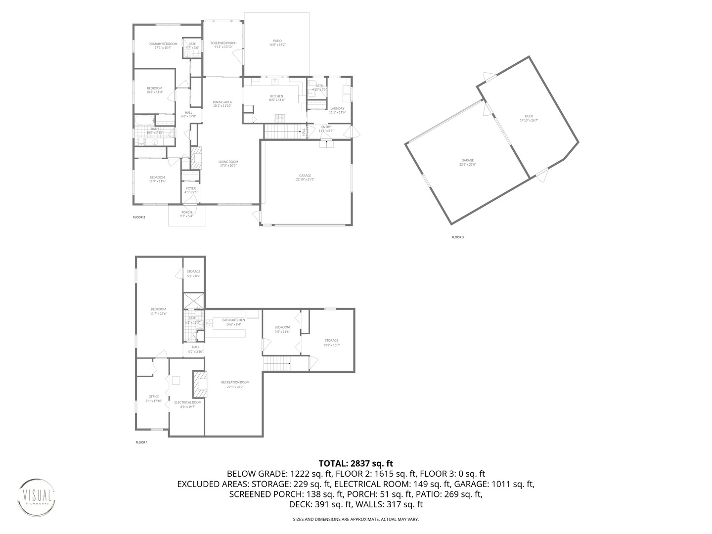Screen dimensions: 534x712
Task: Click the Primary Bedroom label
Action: click(163, 44)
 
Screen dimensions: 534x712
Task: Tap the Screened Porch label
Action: click(223, 43)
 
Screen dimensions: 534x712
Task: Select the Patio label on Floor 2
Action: click(277, 41)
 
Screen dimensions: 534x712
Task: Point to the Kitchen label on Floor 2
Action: click(276, 96)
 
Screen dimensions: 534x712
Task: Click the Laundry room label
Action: click(337, 108)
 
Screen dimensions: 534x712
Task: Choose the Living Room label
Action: click(228, 162)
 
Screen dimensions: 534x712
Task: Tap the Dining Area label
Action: click(222, 102)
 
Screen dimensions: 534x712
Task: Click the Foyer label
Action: click(191, 188)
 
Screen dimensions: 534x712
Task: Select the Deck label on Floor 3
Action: click(529, 117)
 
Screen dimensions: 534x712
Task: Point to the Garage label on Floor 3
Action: click(468, 160)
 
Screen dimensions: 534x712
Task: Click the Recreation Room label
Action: click(235, 382)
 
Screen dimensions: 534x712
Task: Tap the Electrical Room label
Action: click(187, 402)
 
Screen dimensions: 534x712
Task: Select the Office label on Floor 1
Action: click(154, 397)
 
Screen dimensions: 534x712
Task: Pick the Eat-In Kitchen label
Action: click(233, 320)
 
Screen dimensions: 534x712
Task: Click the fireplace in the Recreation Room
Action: click(200, 385)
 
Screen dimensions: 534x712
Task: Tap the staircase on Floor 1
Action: click(276, 364)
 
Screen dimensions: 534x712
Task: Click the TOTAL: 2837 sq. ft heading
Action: click(356, 463)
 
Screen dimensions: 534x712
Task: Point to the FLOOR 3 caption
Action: click(457, 237)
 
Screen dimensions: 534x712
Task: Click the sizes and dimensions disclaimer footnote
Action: click(356, 520)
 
